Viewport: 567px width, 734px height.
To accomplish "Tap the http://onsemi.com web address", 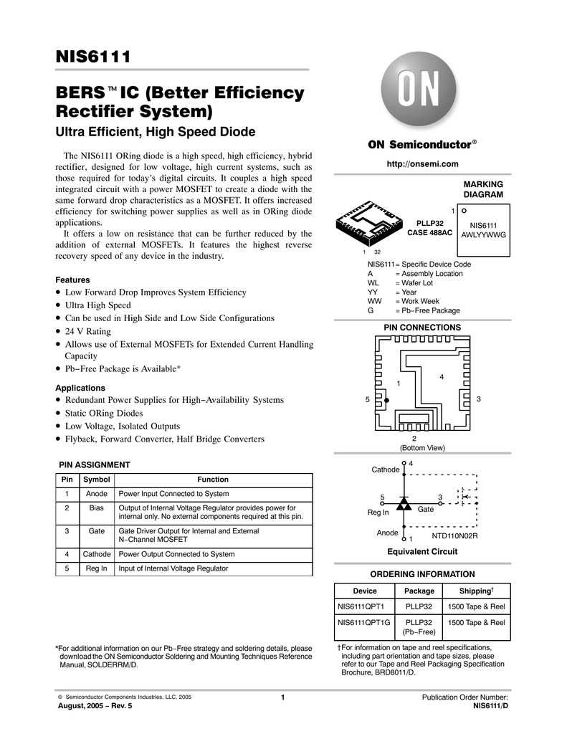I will click(x=422, y=164).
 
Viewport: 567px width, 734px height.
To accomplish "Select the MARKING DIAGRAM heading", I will click(x=483, y=190).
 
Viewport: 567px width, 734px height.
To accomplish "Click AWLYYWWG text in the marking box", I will click(x=483, y=234).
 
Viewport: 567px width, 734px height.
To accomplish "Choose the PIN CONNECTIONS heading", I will click(x=422, y=328).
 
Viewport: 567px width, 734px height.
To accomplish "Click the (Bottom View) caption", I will click(x=422, y=448).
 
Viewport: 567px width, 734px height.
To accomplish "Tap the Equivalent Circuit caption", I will click(x=422, y=551).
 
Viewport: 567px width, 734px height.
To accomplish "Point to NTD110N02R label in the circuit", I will click(x=454, y=535).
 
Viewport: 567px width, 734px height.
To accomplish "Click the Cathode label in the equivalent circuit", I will click(x=385, y=470).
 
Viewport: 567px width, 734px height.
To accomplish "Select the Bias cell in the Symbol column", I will click(x=96, y=507).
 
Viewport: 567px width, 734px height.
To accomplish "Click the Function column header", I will click(x=213, y=480).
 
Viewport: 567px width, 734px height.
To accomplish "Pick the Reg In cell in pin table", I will click(x=96, y=568).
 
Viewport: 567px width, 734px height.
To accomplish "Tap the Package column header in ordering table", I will click(x=419, y=591).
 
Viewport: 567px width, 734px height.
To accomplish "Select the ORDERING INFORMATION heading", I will click(x=422, y=574).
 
